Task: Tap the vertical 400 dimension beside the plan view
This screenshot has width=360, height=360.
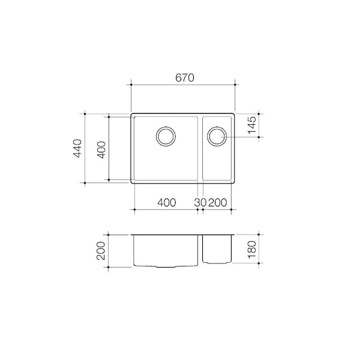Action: point(101,148)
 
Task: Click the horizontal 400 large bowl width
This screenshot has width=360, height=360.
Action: point(166,203)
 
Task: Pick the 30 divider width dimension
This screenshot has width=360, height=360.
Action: point(200,203)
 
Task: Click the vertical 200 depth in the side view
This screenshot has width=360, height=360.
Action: point(101,250)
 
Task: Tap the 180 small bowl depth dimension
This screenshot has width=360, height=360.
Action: point(252,247)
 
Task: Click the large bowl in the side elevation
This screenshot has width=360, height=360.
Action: point(166,251)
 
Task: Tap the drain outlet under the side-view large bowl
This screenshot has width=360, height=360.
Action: point(166,266)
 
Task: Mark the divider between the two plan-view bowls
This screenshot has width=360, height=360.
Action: point(200,148)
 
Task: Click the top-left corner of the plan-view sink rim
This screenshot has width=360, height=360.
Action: point(131,113)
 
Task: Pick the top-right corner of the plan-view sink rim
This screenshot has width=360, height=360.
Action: point(235,113)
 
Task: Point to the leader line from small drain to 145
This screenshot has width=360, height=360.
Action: point(240,137)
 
